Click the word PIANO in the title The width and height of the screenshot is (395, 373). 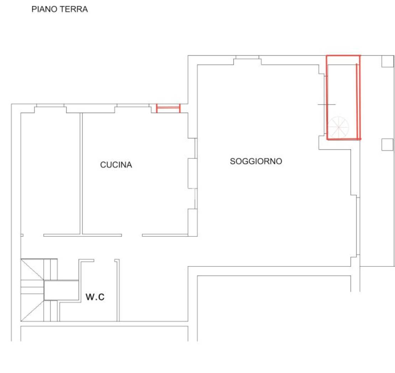click(44, 9)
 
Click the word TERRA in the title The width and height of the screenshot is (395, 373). click(74, 9)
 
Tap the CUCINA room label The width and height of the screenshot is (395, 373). click(116, 165)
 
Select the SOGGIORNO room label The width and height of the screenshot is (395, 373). click(256, 161)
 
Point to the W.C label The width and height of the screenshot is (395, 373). click(95, 297)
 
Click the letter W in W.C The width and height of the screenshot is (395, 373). click(90, 297)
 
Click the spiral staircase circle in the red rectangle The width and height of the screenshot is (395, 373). click(338, 127)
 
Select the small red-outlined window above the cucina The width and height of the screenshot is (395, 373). click(168, 108)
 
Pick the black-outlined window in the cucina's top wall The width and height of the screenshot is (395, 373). click(133, 106)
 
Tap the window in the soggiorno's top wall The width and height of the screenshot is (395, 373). click(247, 57)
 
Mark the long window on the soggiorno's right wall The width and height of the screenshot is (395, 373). click(358, 226)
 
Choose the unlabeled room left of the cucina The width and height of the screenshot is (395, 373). click(51, 174)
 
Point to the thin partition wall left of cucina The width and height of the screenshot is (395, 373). click(81, 174)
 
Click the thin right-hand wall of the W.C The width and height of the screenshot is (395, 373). click(118, 290)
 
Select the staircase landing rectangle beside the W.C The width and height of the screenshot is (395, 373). click(62, 290)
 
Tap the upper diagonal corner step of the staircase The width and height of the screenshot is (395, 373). click(32, 269)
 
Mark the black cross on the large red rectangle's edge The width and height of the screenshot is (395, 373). click(327, 104)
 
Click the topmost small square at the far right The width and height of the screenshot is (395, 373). click(388, 61)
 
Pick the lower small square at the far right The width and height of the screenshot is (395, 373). click(388, 145)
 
